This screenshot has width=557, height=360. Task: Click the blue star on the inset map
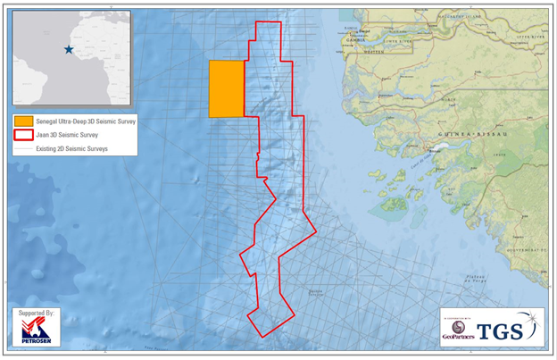pyautogui.click(x=69, y=50)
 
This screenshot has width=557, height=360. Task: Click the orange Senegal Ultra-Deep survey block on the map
pyautogui.click(x=227, y=88)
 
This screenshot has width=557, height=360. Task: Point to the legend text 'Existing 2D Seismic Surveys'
pyautogui.click(x=72, y=148)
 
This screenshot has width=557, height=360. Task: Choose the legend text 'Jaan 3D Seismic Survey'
pyautogui.click(x=67, y=134)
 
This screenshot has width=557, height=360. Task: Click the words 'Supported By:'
pyautogui.click(x=36, y=314)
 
